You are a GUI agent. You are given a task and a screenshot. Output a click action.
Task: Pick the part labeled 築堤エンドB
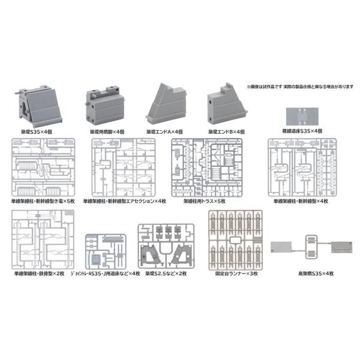pyautogui.click(x=227, y=104)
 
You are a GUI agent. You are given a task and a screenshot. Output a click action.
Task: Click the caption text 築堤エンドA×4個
pyautogui.click(x=167, y=131)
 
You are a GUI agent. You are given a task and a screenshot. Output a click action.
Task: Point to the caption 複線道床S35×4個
pyautogui.click(x=304, y=131)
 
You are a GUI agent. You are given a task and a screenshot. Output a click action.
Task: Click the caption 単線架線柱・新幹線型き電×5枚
pyautogui.click(x=40, y=202)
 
